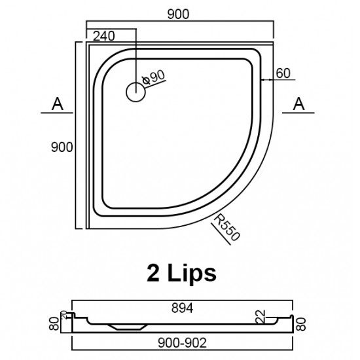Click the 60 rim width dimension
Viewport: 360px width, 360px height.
(283, 73)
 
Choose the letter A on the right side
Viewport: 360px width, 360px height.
(299, 103)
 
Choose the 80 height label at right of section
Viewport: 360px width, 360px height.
(301, 321)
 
